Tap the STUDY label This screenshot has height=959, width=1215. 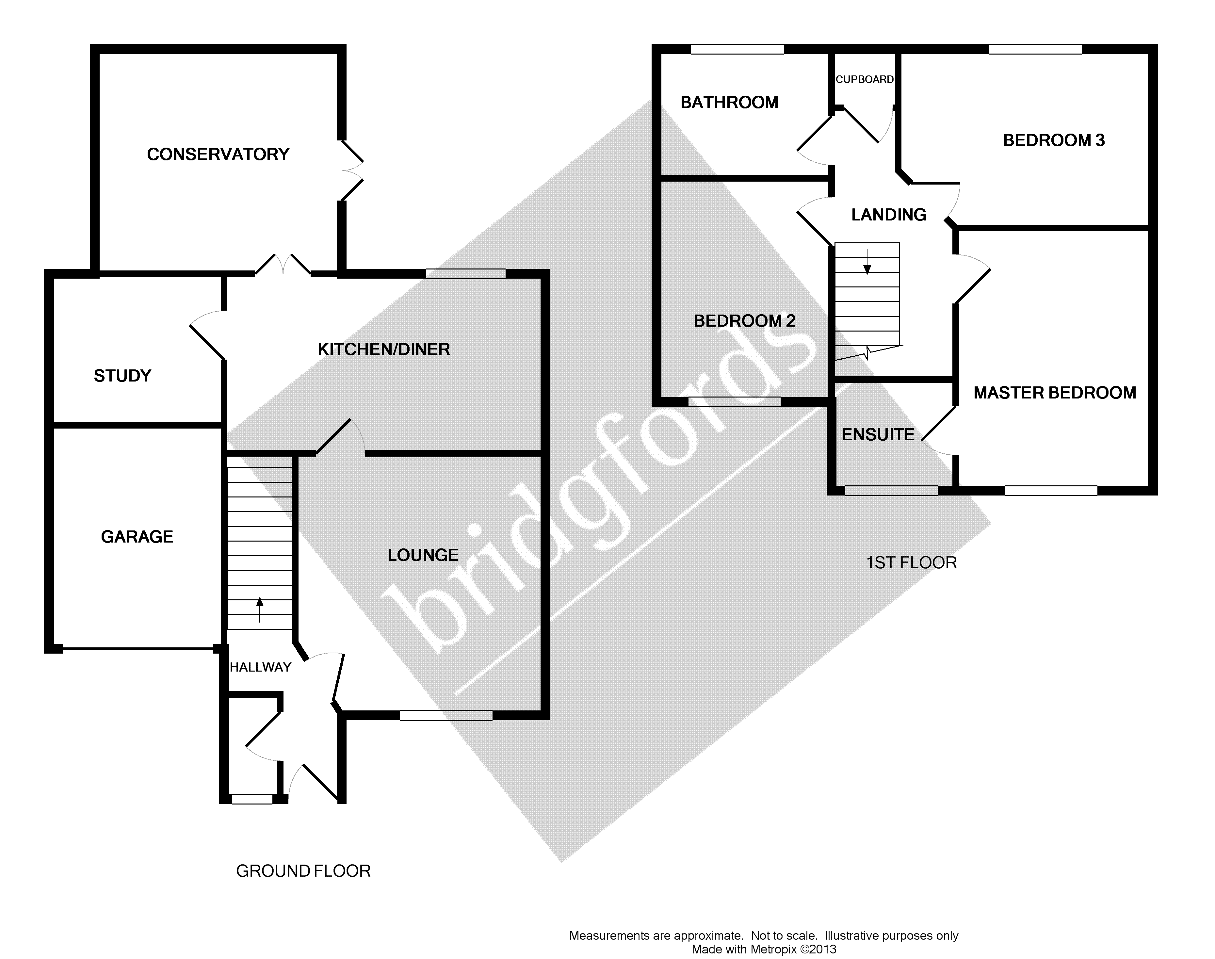click(122, 376)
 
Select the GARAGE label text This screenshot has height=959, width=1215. click(137, 537)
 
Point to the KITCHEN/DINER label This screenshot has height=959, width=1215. click(383, 349)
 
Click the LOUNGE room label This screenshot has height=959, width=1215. click(423, 555)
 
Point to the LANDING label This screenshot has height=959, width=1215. click(888, 215)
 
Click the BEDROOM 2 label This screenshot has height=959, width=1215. click(744, 321)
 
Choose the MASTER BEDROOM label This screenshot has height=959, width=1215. click(1054, 393)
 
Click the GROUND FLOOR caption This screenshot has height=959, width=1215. click(303, 871)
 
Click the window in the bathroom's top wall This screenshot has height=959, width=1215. click(737, 49)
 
